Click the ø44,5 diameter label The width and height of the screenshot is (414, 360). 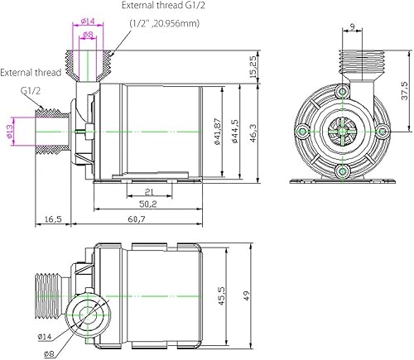236,129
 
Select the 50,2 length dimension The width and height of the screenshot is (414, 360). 148,204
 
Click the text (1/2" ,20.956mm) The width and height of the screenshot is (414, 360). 166,22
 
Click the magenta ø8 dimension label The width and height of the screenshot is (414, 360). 88,35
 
